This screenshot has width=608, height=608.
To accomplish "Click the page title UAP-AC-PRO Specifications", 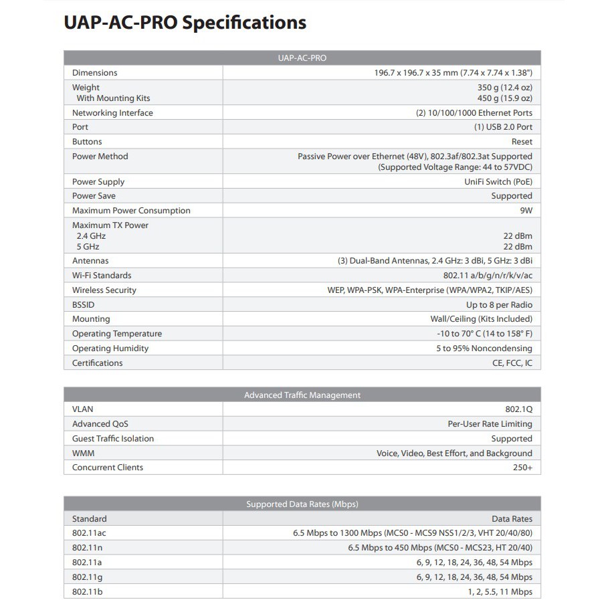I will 185,23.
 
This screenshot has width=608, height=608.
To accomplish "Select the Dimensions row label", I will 94,73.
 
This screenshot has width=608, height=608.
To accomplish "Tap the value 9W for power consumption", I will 526,211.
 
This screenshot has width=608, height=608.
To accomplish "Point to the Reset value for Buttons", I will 522,142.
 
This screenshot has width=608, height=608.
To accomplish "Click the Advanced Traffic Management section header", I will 302,395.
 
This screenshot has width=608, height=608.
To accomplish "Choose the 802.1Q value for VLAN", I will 518,409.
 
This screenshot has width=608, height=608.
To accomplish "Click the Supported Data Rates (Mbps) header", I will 302,504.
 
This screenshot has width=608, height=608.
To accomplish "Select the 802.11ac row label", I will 89,534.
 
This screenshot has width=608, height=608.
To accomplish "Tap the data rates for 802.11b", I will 500,592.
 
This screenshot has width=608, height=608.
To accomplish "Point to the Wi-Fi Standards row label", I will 102,276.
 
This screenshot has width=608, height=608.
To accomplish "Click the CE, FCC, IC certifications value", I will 512,363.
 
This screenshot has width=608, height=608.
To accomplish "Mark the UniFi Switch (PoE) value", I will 498,182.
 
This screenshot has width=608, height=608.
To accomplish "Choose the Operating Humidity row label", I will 110,348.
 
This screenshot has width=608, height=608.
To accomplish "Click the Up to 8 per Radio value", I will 499,305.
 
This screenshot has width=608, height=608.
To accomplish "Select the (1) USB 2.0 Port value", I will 503,127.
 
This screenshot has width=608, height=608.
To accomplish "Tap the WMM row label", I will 83,453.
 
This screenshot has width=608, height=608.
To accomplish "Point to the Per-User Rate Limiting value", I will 490,424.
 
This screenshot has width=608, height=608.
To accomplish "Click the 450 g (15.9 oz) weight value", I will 505,98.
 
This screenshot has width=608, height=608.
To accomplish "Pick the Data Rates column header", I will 512,519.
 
